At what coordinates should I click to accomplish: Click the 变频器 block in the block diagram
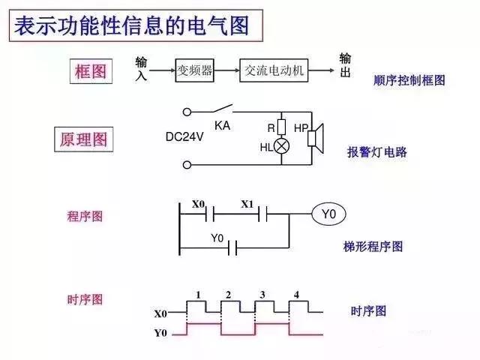[x=194, y=70]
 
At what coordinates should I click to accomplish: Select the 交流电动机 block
[x=274, y=70]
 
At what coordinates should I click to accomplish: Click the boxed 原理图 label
[x=83, y=139]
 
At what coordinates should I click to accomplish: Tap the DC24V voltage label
[x=186, y=137]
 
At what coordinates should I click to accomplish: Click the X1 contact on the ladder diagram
[x=264, y=215]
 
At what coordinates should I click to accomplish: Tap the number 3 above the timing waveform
[x=262, y=295]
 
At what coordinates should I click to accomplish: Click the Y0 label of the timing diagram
[x=160, y=332]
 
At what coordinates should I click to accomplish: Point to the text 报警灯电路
[x=376, y=151]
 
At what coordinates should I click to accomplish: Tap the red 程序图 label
[x=85, y=216]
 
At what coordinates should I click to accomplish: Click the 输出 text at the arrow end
[x=345, y=64]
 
